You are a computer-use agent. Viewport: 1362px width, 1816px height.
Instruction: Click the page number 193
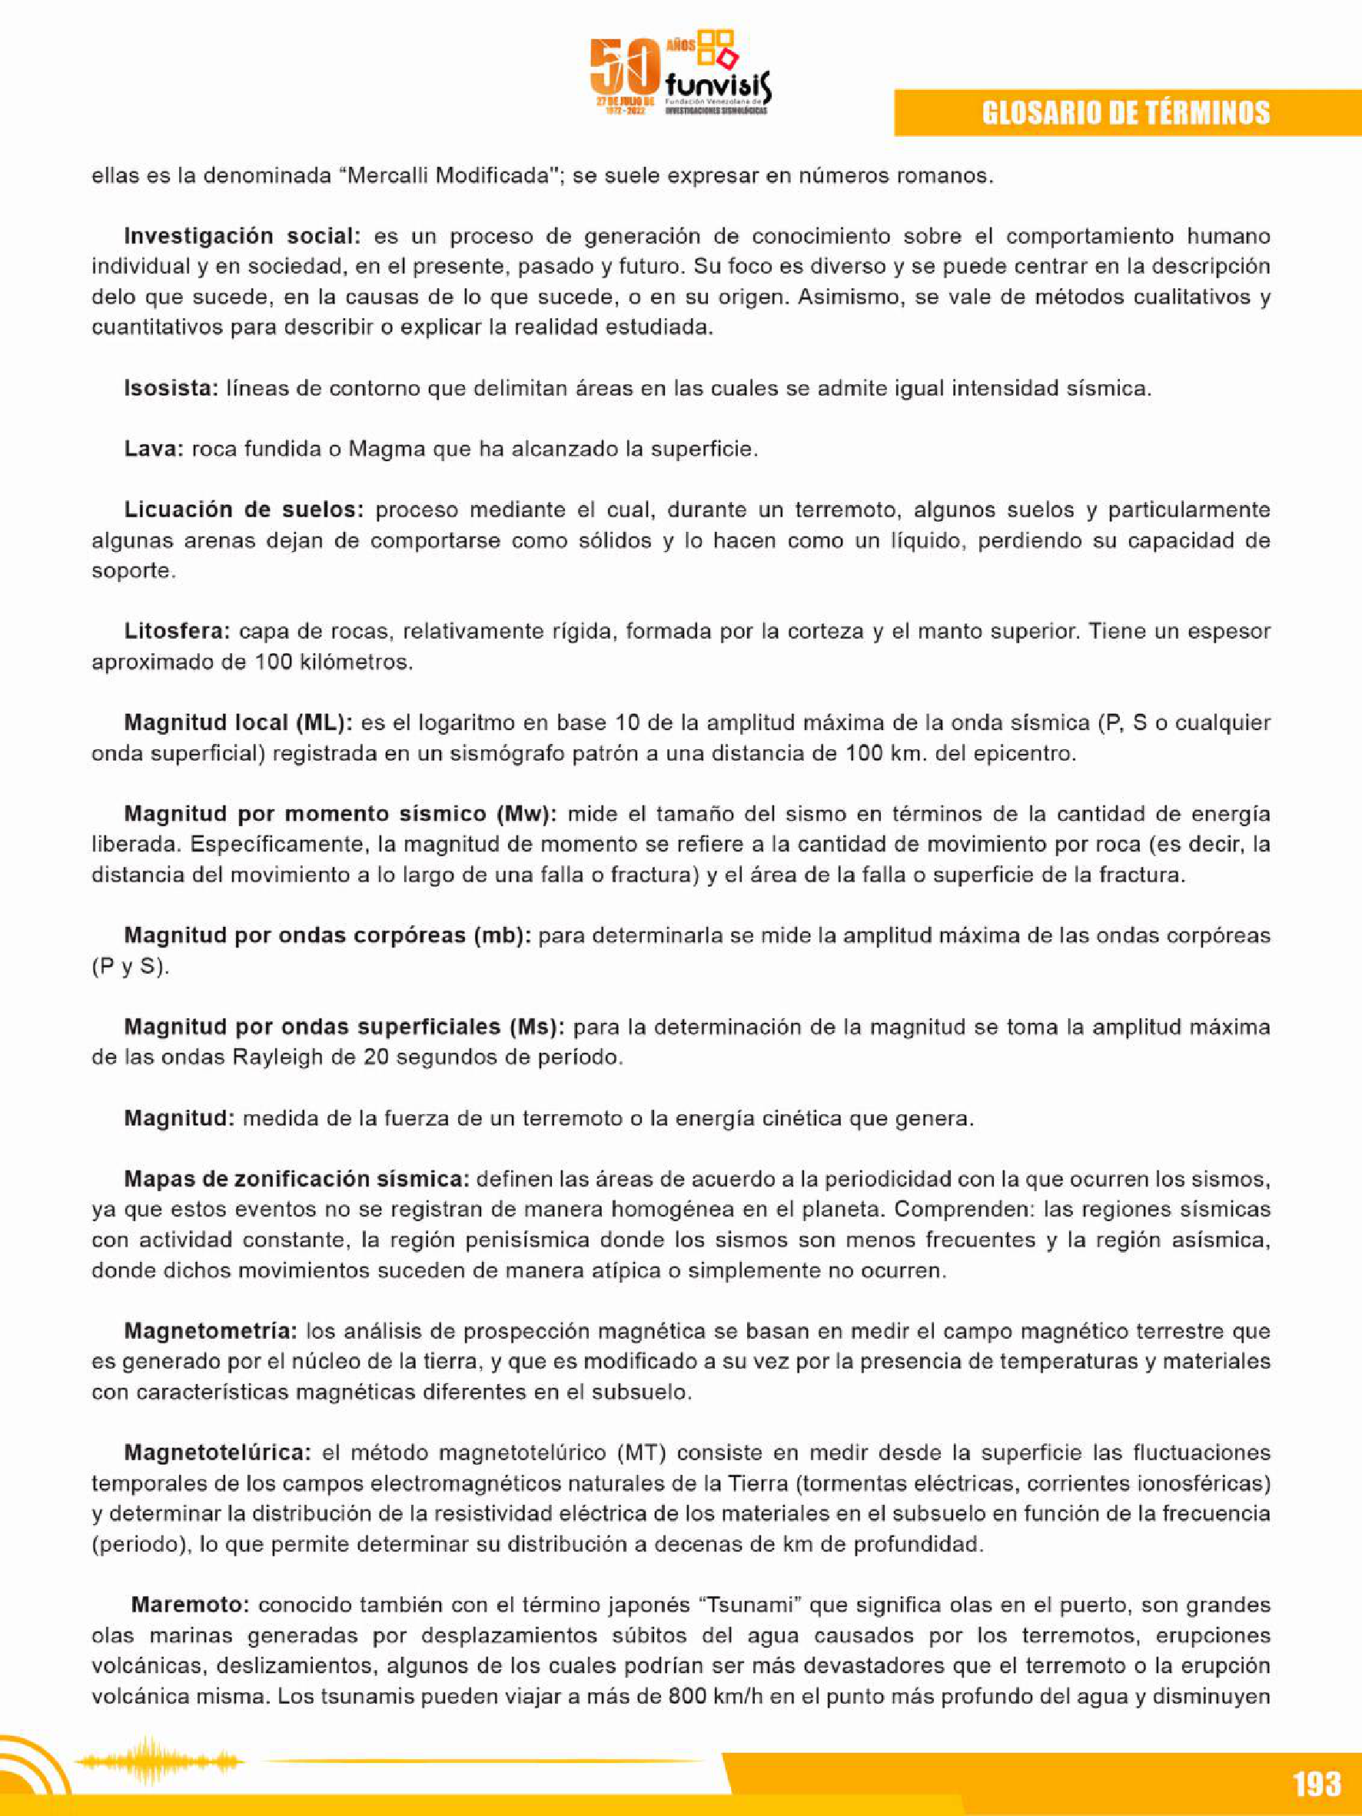[1316, 1783]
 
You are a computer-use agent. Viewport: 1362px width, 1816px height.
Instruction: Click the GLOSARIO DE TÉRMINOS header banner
[1125, 112]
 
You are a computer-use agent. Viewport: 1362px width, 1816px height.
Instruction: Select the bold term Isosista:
[171, 388]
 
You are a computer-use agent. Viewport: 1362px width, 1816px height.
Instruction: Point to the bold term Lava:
[154, 449]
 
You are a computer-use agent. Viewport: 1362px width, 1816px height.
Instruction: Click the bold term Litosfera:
[177, 631]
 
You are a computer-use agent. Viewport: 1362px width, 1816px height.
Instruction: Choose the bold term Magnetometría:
[210, 1331]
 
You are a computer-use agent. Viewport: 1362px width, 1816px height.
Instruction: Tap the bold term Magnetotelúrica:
[218, 1452]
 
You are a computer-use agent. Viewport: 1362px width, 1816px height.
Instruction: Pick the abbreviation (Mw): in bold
[527, 814]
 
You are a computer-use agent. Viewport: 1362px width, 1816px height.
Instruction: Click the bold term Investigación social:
[242, 237]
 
